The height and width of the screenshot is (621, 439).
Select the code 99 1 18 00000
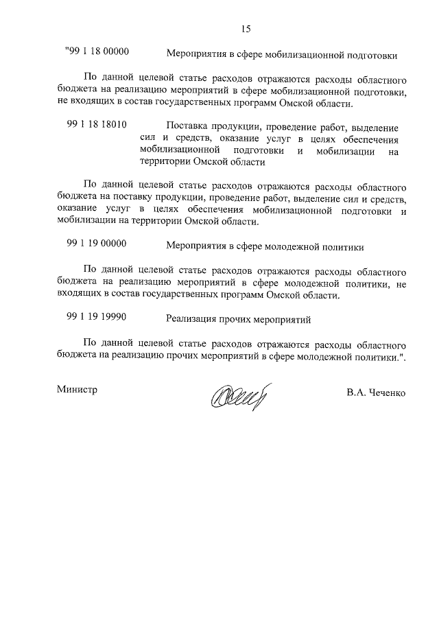[100, 52]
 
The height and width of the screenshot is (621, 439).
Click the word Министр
[77, 390]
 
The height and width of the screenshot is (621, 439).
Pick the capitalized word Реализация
[193, 319]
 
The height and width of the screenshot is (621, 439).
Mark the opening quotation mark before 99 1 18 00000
[67, 50]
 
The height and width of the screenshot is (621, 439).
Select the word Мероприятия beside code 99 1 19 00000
[195, 245]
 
